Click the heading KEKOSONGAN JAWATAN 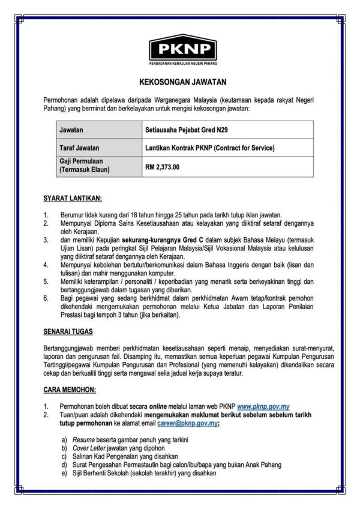179,82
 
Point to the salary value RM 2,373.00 163,167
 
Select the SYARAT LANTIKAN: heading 73,198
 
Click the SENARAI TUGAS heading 68,331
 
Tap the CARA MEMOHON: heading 70,390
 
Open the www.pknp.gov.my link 264,406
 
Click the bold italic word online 159,406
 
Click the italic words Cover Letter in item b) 88,448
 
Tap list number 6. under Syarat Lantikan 46,298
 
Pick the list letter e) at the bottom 64,472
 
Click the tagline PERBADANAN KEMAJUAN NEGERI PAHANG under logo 183,63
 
